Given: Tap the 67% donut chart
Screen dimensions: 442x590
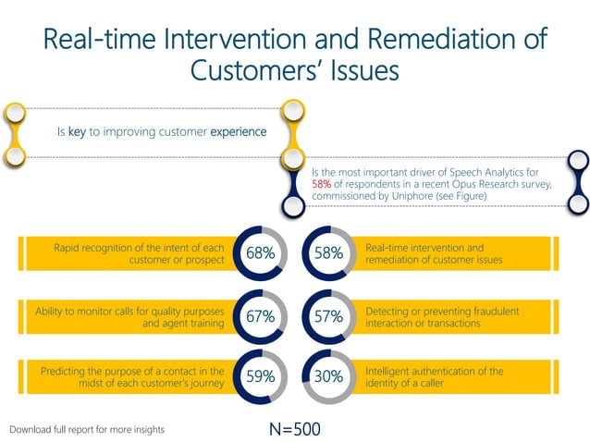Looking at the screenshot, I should coord(260,316).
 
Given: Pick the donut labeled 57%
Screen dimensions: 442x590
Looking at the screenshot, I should coord(328,316).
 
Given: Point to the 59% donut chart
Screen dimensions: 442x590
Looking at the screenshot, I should coord(260,377).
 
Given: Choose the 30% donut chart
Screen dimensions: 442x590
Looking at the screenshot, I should coord(328,377).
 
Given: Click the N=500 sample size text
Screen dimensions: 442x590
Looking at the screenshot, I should coord(294,429).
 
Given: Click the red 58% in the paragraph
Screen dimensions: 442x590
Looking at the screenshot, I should coord(322,184).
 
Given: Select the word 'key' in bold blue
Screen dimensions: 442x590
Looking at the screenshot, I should coord(77,132).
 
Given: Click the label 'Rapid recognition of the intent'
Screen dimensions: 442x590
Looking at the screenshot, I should coord(139,248).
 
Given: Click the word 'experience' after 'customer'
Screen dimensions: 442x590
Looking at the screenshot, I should coord(239,132).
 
